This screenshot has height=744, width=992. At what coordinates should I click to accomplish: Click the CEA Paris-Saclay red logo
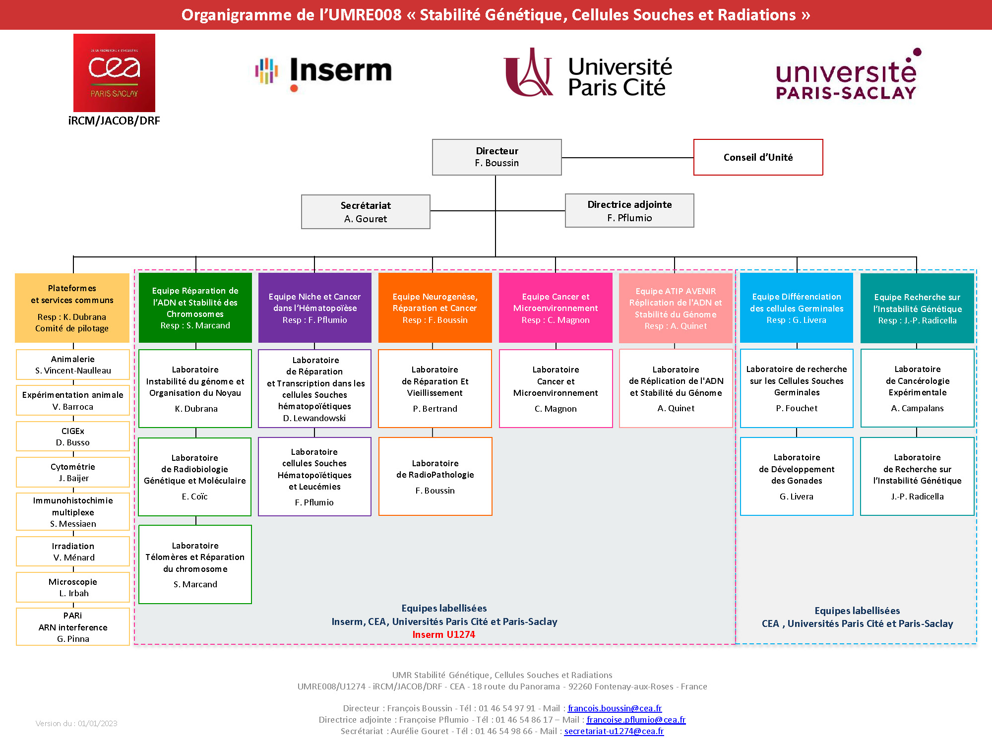114,72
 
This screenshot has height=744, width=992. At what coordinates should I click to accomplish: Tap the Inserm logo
323,72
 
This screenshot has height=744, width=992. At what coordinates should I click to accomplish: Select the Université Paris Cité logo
588,73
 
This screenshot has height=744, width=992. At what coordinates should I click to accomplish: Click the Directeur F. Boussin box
496,157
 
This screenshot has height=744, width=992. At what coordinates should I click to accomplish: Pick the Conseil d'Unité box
758,157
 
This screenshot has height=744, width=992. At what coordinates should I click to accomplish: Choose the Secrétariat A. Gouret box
366,212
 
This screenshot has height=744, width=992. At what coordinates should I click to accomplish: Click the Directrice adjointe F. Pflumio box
629,211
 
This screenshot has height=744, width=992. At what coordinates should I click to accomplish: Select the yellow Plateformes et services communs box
72,308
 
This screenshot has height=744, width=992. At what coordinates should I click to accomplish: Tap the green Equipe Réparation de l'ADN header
195,308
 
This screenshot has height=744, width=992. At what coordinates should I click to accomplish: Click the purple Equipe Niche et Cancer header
315,308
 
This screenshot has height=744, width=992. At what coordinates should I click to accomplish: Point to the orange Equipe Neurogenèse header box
435,308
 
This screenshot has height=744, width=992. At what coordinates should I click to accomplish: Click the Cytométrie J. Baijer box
73,472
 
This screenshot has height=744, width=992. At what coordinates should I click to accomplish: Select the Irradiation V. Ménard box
73,552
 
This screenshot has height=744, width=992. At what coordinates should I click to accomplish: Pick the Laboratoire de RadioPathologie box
435,477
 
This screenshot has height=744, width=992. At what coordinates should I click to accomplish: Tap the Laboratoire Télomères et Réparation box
195,564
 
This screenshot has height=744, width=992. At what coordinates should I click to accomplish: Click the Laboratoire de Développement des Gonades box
797,477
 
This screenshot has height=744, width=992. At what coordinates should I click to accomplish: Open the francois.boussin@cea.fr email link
615,708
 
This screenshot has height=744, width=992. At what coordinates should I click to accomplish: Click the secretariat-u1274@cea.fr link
614,731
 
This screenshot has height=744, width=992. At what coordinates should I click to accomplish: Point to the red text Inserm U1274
443,634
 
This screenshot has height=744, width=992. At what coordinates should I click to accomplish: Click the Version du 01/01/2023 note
76,723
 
